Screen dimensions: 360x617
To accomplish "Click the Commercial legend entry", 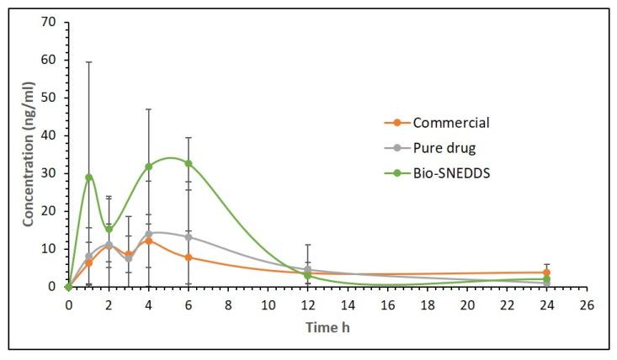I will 450,123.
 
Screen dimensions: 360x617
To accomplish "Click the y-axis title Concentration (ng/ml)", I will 28,153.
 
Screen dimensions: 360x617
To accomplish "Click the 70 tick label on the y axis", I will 51,22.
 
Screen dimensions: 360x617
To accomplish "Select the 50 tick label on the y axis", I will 51,98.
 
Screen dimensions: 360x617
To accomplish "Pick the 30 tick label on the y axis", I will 51,173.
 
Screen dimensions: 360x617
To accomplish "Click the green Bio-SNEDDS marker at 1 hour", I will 88,177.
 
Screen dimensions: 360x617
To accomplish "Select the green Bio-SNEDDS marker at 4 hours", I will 148,167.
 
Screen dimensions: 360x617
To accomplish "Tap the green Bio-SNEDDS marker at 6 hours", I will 189,163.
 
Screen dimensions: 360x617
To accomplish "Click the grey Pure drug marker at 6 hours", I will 189,237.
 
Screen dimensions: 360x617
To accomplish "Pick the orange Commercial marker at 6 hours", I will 189,257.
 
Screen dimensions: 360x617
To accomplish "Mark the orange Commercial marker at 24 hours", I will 546,273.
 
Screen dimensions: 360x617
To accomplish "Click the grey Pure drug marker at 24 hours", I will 546,283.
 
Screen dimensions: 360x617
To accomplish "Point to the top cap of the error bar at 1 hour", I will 88,62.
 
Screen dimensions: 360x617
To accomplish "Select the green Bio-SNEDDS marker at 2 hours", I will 109,229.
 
